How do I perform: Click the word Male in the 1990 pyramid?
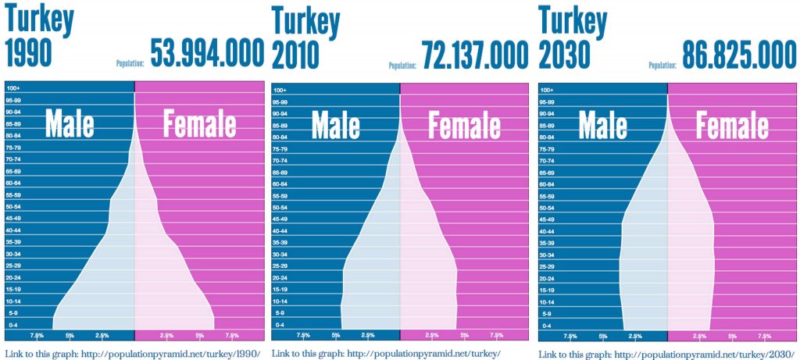[70, 124]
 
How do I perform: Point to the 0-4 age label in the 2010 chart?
[280, 324]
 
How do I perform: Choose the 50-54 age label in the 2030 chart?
[548, 208]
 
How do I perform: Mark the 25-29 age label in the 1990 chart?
[13, 266]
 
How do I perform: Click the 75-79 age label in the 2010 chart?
[280, 149]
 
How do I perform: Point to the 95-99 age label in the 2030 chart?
[548, 102]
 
